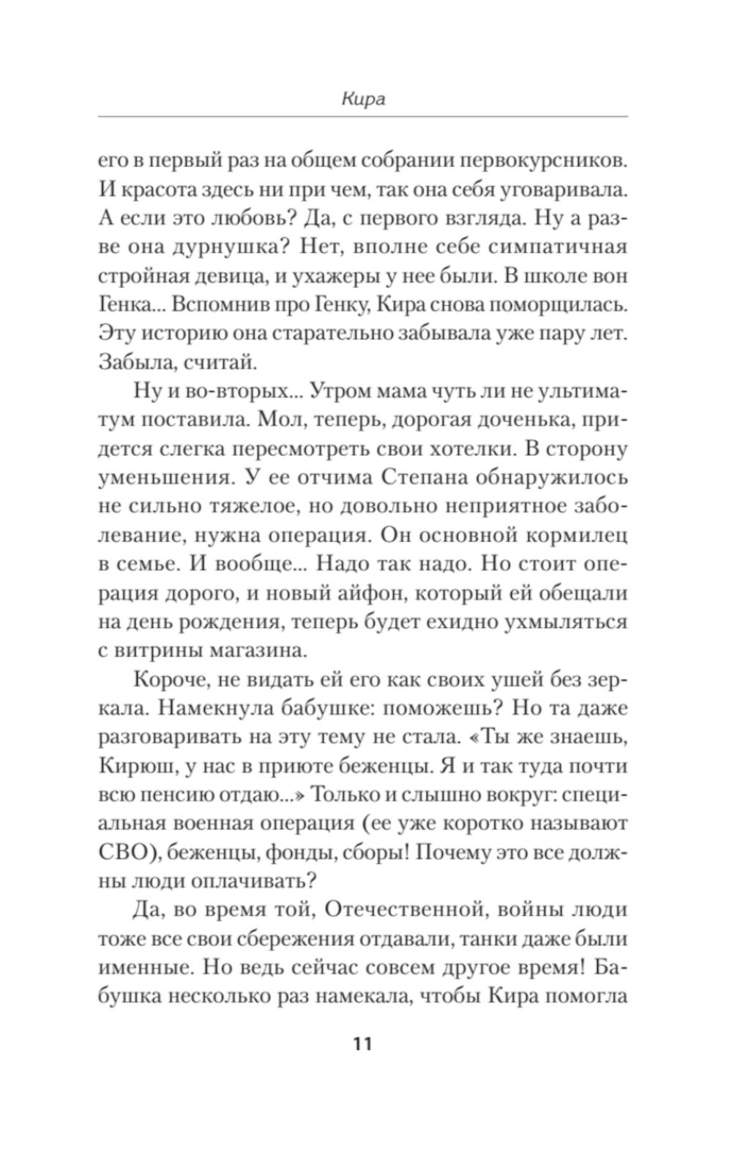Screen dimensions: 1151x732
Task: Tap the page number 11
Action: click(362, 1043)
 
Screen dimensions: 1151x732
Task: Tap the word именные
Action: click(146, 967)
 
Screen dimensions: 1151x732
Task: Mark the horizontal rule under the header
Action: click(362, 116)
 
